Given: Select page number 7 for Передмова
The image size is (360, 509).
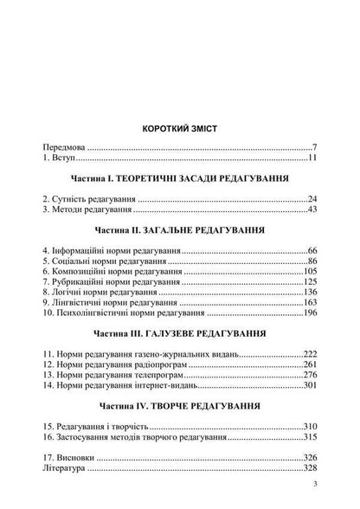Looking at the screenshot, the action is point(315,149).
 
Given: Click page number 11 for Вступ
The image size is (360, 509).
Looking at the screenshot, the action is point(312,160).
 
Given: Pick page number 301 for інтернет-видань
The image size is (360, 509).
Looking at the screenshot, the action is point(309,390).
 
